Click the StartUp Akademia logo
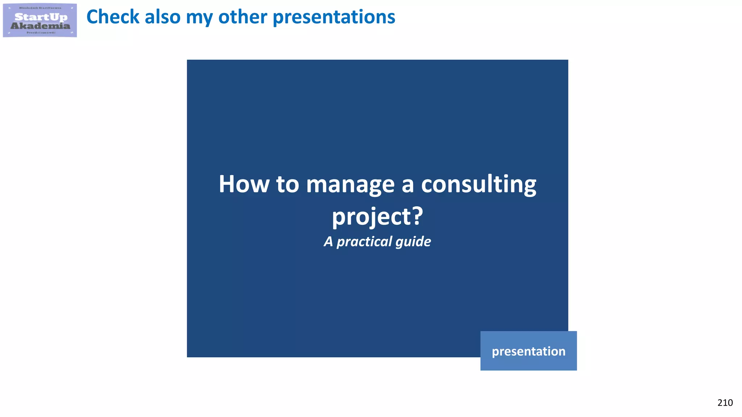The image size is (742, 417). [x=40, y=20]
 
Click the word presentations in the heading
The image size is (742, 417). [x=334, y=17]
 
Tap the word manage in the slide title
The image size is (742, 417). [x=350, y=185]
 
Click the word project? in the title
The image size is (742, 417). [x=378, y=217]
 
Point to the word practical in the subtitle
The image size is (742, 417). [x=364, y=242]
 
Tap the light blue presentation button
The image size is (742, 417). [x=528, y=351]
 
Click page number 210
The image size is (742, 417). [x=725, y=403]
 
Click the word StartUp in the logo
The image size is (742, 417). [x=41, y=17]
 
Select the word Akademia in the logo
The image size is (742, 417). [x=40, y=26]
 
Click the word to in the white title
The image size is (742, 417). [x=287, y=184]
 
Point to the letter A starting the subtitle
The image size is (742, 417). [x=328, y=241]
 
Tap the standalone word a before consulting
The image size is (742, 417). [x=407, y=185]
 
